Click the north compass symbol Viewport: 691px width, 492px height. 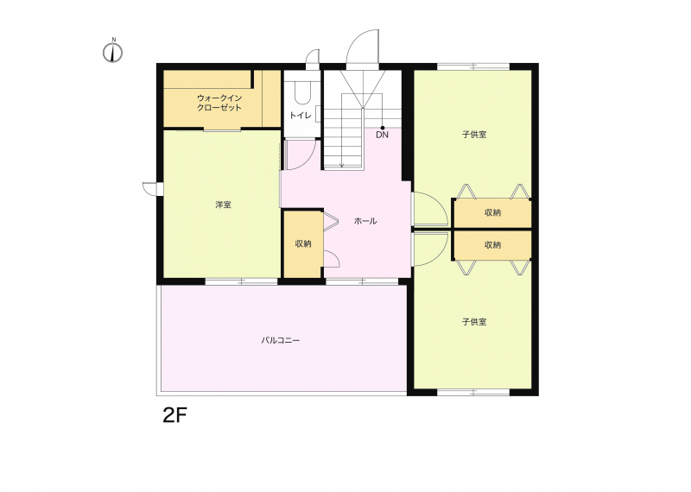[113, 51]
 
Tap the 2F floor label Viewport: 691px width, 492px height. [175, 415]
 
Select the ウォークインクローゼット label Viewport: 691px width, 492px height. [219, 103]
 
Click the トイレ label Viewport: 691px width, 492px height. [300, 116]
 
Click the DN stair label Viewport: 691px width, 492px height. [382, 136]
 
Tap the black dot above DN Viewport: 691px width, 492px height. [383, 128]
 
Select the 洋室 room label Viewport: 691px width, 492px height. [223, 205]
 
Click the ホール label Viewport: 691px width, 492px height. [365, 221]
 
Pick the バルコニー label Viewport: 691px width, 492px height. [281, 340]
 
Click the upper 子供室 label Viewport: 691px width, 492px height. [474, 135]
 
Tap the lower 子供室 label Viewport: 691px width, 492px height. [474, 322]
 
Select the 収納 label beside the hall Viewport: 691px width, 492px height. [303, 243]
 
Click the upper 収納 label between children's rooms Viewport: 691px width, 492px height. [492, 212]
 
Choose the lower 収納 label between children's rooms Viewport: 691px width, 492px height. [492, 245]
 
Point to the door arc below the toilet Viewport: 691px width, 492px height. [309, 160]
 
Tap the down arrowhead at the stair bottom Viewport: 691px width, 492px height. [342, 166]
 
